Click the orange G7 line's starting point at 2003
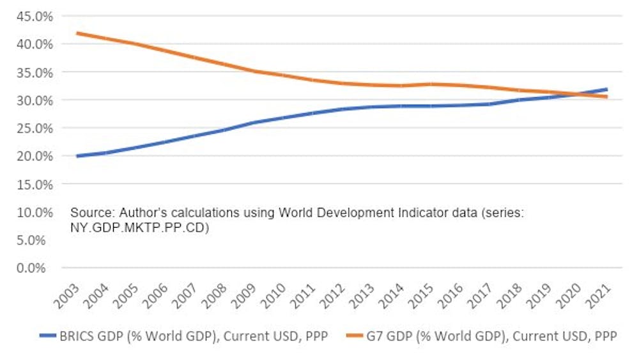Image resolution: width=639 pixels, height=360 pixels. click(77, 33)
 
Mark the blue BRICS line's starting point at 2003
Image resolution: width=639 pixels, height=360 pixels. click(77, 156)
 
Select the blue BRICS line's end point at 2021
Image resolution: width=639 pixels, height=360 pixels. click(606, 90)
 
